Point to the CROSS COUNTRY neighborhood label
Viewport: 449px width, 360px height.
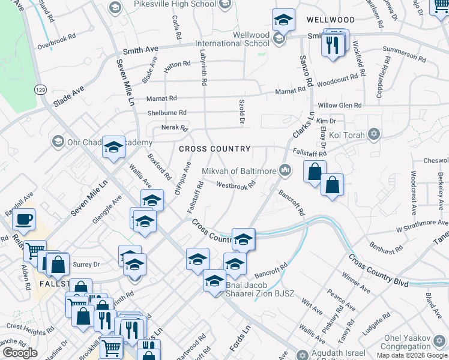[x=214, y=149]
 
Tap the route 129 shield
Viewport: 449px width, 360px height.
[x=40, y=89]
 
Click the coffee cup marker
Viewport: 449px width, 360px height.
[x=24, y=220]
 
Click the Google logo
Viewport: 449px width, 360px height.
[x=20, y=353]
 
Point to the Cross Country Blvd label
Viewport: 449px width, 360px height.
[x=378, y=271]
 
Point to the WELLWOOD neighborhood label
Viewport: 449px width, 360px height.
[x=331, y=20]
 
